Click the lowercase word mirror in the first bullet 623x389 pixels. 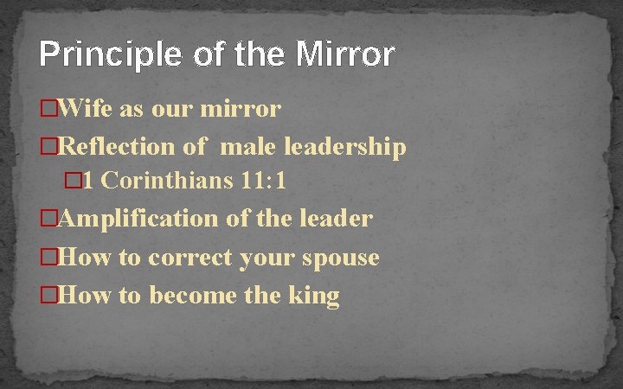click(x=241, y=109)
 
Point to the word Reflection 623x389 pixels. click(x=119, y=147)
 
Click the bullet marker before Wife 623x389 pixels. click(x=49, y=110)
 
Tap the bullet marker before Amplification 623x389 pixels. click(x=49, y=219)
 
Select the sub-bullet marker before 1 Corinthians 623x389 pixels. click(x=74, y=182)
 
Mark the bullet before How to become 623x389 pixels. click(x=49, y=297)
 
